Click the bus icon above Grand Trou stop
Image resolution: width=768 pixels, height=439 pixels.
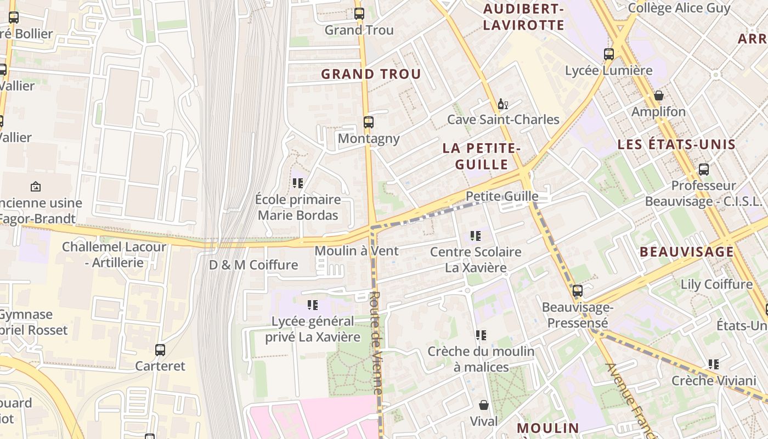point(359,14)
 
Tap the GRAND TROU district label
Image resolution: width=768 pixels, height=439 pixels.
point(371,74)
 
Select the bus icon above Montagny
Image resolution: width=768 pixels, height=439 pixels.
point(369,122)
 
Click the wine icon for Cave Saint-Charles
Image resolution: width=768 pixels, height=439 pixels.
point(503,104)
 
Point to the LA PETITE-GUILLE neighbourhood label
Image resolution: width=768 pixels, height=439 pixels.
point(482,156)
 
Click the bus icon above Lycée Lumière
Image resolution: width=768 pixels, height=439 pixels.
point(609,54)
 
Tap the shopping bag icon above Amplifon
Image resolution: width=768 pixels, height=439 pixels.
point(659,96)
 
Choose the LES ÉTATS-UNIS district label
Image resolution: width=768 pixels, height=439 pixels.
point(676,145)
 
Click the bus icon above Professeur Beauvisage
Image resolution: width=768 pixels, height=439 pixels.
point(704,170)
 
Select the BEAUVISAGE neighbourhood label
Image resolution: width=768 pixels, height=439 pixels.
point(686,252)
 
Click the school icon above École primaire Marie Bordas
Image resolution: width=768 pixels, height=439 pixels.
point(298,183)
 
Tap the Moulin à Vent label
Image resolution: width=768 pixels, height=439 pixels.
point(357,251)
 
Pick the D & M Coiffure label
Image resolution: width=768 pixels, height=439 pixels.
point(253,265)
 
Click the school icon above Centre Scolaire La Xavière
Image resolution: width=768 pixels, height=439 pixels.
point(476,236)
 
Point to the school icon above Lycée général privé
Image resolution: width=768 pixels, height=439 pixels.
point(313,305)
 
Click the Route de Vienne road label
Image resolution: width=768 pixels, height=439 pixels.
point(376,342)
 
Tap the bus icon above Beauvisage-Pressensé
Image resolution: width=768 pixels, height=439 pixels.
point(578,291)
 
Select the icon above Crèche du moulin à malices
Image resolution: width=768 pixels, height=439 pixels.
point(481,335)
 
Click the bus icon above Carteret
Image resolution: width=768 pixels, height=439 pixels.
point(160,350)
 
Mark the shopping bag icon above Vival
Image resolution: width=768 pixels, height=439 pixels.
point(484,406)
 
